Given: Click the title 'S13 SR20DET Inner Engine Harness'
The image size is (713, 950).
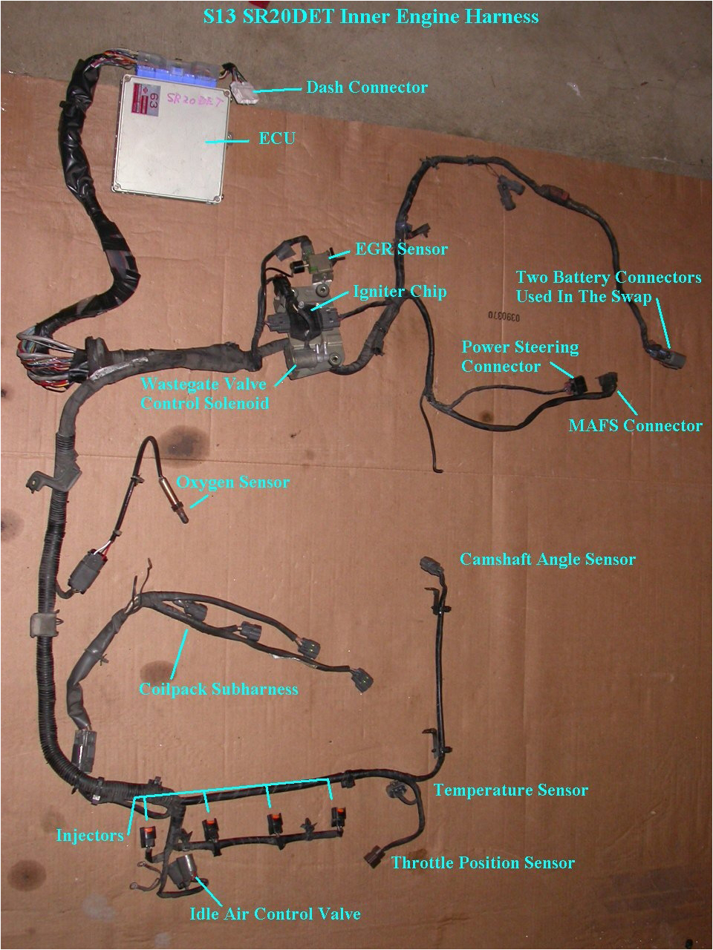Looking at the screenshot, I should pos(371,16).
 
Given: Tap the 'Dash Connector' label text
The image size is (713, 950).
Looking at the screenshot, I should pos(367,88).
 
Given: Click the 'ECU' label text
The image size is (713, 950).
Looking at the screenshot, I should pos(277,138).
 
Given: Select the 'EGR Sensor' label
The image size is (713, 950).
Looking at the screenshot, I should pos(401,249).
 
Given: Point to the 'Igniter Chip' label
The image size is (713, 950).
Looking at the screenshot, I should pos(400,291).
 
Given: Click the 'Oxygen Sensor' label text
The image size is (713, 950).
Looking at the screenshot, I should pos(232,482).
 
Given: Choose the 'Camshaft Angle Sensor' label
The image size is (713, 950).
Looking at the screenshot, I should pos(547,559).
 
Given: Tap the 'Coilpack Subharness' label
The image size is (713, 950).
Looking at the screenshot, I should pos(218,689).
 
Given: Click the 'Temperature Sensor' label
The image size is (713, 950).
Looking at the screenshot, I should pos(511,790).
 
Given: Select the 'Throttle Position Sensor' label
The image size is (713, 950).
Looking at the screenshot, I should pos(483,862).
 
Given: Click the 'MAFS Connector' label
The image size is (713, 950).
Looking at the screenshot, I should pos(635,425).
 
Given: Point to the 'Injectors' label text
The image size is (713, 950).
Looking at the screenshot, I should pos(90,836).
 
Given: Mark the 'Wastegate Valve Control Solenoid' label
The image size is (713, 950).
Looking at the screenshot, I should pos(204,394).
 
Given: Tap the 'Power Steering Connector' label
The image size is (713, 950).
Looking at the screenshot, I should pos(520,356).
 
